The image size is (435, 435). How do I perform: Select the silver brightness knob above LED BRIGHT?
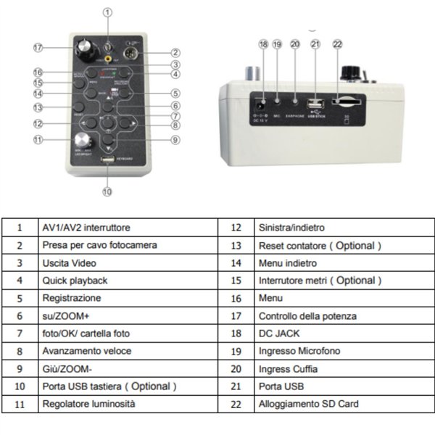(78, 139)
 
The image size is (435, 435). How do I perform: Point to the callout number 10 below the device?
(107, 191)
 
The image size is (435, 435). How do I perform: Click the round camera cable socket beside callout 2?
(132, 56)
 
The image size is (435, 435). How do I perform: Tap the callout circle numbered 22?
(336, 44)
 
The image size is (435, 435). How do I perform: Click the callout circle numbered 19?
(277, 44)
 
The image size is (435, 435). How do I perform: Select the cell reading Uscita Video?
(69, 263)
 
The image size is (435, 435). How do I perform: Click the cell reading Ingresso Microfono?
(299, 351)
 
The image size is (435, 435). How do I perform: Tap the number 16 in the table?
(235, 298)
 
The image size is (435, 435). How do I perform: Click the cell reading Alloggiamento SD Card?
(308, 403)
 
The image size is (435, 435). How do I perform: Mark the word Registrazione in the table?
(72, 298)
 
